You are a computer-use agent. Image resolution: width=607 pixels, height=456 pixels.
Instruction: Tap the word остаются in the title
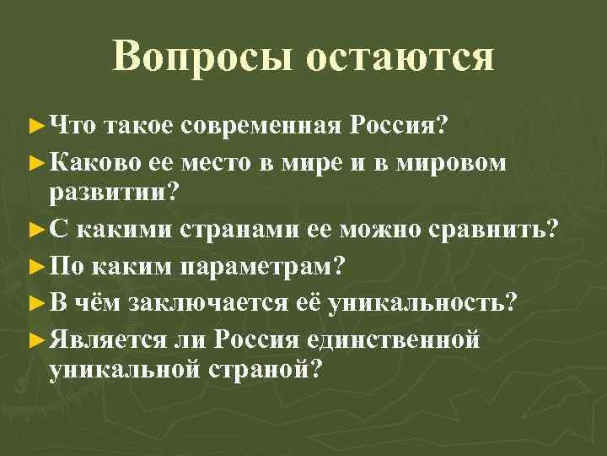click(x=400, y=57)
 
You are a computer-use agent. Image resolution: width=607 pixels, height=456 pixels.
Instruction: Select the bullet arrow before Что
click(x=35, y=127)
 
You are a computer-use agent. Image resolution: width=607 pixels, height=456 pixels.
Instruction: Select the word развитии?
click(x=115, y=193)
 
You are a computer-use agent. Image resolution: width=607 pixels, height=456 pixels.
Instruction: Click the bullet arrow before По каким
click(x=35, y=267)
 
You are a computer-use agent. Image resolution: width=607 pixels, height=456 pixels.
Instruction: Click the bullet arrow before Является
click(x=35, y=339)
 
